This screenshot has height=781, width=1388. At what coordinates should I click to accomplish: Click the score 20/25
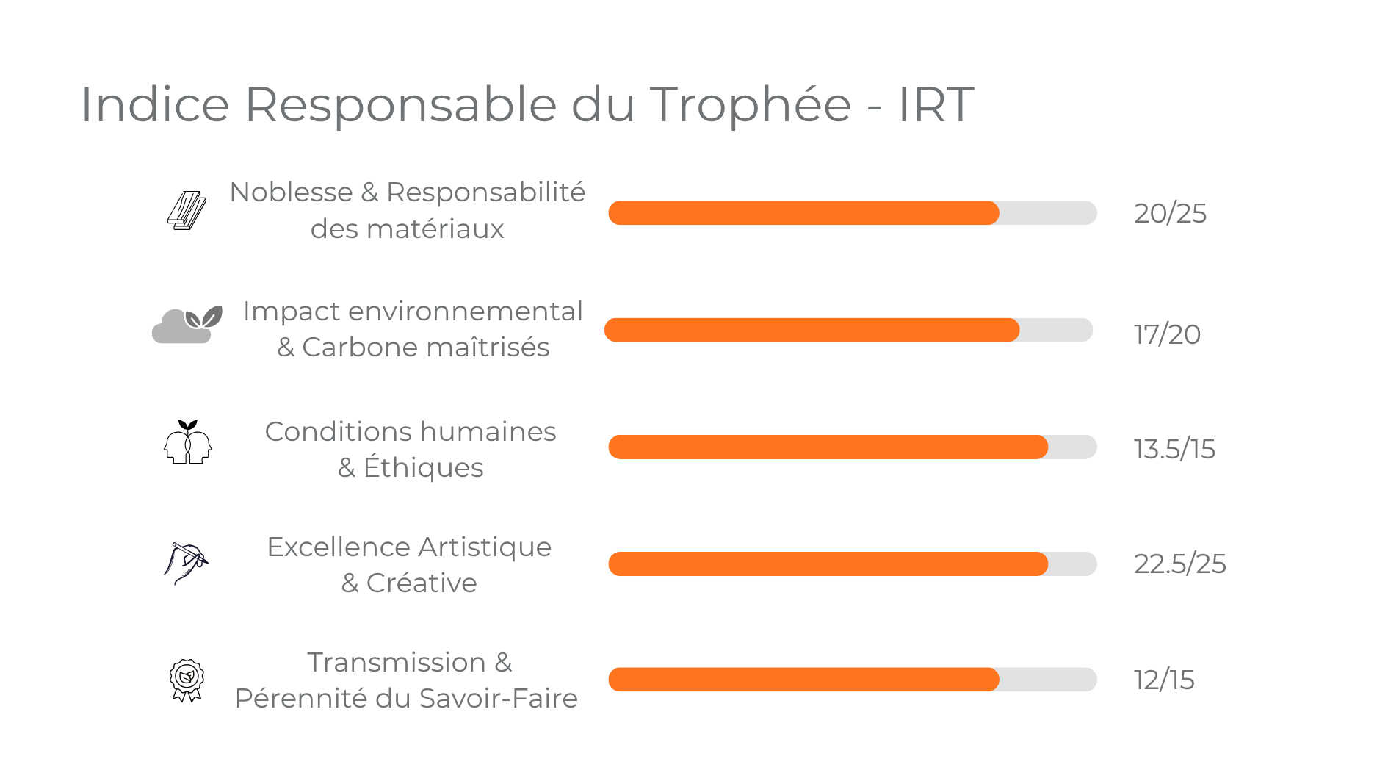tap(1170, 213)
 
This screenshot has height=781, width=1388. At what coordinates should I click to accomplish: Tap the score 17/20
tap(1167, 334)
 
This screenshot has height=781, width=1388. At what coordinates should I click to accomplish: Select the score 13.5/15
tap(1174, 449)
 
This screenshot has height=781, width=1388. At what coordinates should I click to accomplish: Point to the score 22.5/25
tap(1179, 564)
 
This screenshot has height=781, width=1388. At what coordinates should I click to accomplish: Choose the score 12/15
tap(1164, 680)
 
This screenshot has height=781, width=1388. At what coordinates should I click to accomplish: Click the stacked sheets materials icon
tap(187, 211)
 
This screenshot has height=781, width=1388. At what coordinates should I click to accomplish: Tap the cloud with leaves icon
tap(187, 325)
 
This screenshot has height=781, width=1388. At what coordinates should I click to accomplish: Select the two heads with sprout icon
tap(187, 442)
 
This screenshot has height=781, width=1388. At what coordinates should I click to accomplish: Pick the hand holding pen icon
tap(186, 562)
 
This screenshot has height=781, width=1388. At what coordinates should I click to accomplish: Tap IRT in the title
tap(936, 104)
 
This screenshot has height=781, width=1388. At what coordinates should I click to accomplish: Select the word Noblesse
tap(291, 192)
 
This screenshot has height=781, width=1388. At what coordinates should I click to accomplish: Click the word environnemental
tap(466, 312)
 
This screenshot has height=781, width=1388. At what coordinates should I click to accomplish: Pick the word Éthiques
tap(424, 468)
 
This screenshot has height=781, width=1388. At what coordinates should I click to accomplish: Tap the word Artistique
tap(485, 547)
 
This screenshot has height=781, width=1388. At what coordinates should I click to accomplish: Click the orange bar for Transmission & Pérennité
tap(803, 680)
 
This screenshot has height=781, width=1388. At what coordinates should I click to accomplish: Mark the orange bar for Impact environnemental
tap(812, 330)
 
